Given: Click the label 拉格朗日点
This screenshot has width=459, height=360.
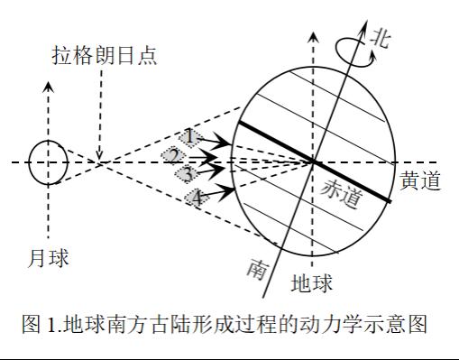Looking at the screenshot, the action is coord(105,55).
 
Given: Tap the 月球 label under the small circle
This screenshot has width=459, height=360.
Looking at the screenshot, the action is coord(48,258).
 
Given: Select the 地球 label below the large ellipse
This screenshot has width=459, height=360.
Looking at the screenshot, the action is coord(312,282).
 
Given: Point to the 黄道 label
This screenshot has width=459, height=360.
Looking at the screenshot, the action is coord(420,180).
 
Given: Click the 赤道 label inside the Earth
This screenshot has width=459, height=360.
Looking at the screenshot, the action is coord(342,193).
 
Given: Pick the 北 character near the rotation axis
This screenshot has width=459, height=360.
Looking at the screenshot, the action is coord(381,39).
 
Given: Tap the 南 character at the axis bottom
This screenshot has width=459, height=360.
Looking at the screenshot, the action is coord(257,269).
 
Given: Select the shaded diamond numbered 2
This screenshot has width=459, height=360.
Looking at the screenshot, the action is coord(174,156).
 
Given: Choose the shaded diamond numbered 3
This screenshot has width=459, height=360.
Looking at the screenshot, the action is coord(187,174).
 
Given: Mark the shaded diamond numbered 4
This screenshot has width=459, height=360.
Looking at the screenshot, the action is coord(197,198).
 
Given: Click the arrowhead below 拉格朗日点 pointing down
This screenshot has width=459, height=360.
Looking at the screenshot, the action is coord(99,154).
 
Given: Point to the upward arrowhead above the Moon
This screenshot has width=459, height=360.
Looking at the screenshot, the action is coord(49,88).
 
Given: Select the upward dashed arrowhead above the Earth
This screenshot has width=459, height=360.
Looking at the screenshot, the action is coord(314,37).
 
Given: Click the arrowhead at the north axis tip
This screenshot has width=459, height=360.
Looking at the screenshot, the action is coord(364,26).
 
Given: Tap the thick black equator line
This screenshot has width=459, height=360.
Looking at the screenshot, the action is coord(315,162).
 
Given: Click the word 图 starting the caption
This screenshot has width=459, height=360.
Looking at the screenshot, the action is coord(31,324).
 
